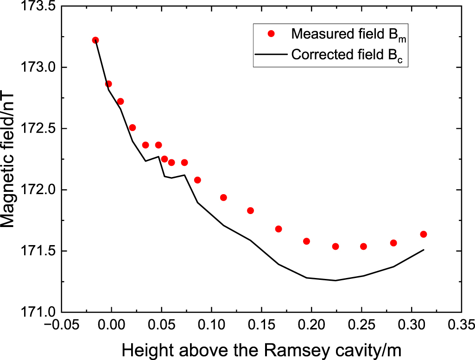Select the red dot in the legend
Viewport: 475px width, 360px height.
[272, 33]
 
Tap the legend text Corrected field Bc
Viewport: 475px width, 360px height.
[349, 55]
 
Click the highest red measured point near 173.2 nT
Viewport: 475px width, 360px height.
[95, 40]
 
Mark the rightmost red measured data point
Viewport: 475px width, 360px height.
[423, 234]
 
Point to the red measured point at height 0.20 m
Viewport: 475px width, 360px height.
[306, 241]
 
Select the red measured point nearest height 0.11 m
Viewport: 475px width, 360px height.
[223, 197]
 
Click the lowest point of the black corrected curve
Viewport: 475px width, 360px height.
[336, 280]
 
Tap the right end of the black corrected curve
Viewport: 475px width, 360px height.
[424, 250]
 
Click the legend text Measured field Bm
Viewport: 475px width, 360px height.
[349, 34]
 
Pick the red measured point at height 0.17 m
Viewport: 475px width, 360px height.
[279, 229]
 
